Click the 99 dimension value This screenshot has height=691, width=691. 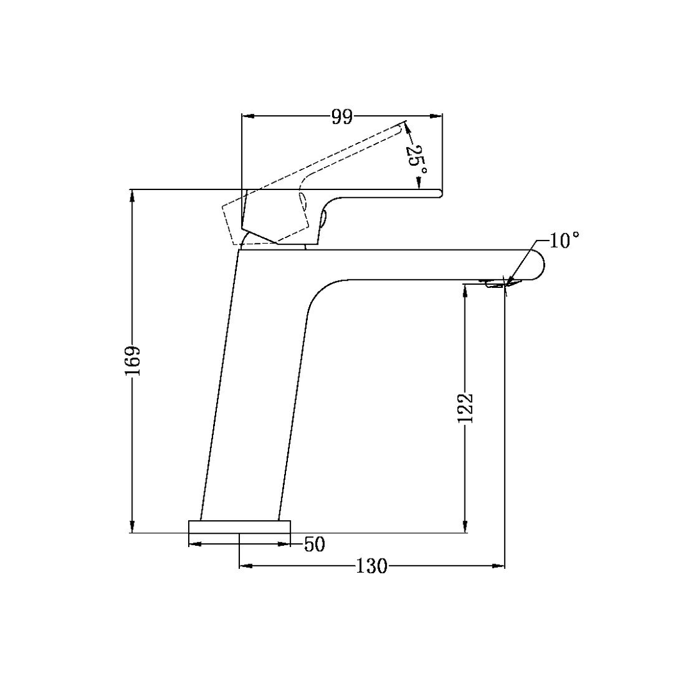pyautogui.click(x=342, y=116)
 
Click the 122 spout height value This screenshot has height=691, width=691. pyautogui.click(x=465, y=407)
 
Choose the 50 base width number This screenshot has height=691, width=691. pyautogui.click(x=314, y=544)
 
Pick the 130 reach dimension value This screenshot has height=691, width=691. pyautogui.click(x=373, y=566)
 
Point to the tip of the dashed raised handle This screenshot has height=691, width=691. pyautogui.click(x=403, y=125)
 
